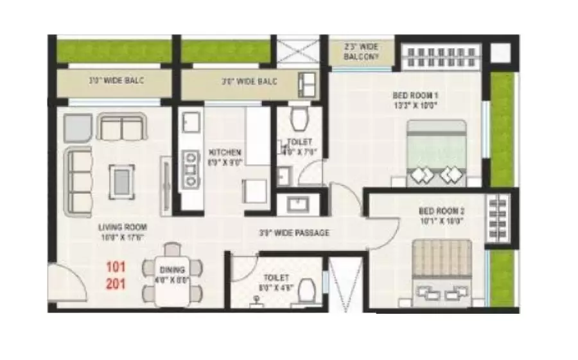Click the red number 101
[x=117, y=266]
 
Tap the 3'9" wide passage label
[x=293, y=232]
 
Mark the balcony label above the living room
[x=116, y=81]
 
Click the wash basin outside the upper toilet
[x=298, y=205]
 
